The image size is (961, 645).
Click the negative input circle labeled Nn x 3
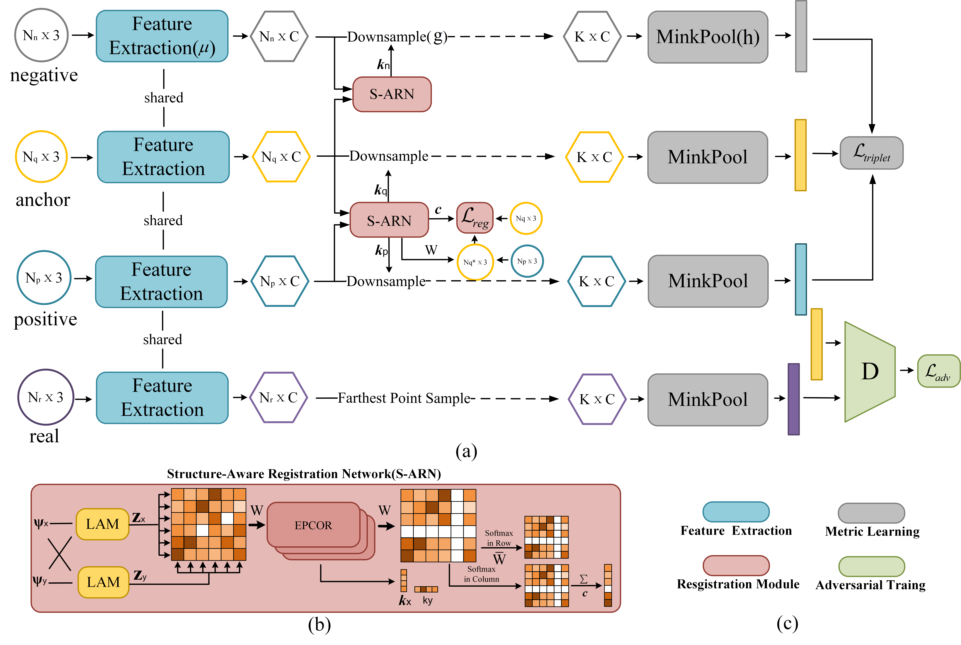(41, 35)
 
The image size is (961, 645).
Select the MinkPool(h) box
(707, 37)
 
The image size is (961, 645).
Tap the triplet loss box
(871, 153)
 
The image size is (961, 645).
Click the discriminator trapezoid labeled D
(869, 371)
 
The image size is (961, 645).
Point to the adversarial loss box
(938, 371)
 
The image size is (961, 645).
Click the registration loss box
(474, 218)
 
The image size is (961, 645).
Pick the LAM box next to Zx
(103, 524)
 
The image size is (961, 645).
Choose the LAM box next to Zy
(103, 582)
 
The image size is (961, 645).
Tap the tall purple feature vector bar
(793, 399)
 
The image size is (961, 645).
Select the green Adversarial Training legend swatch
(871, 566)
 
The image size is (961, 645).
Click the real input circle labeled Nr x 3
(46, 397)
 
